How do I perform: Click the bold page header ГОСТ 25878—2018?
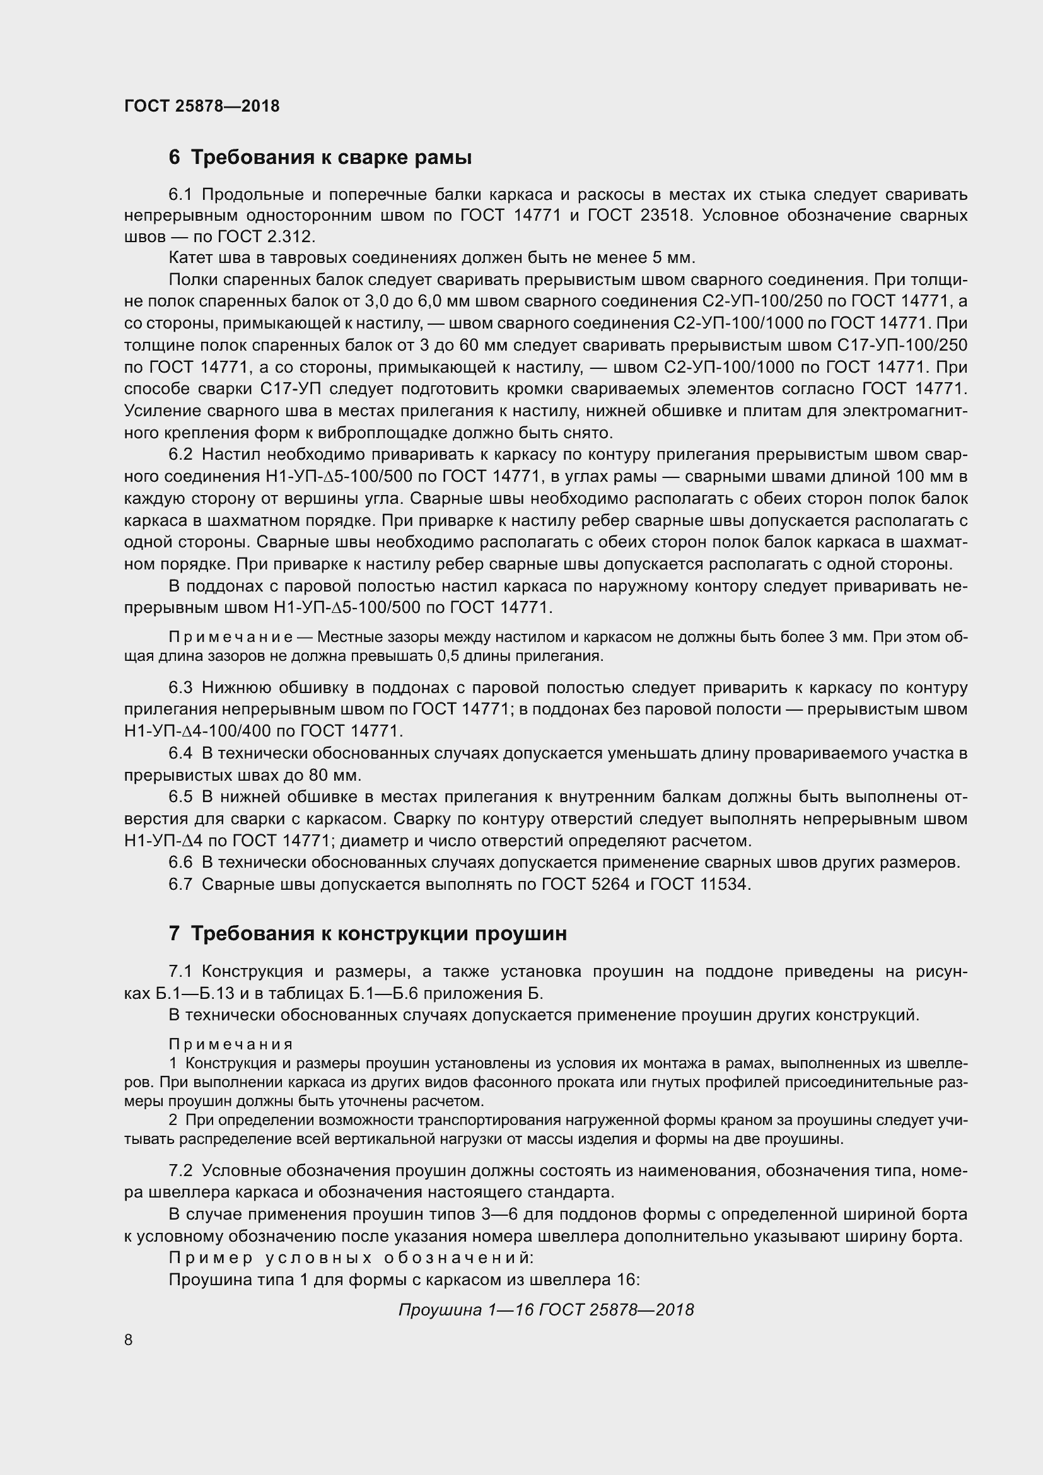[202, 107]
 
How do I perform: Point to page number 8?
[129, 1339]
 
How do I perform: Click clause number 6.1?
[180, 194]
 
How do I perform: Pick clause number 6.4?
[180, 753]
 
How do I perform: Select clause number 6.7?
[180, 884]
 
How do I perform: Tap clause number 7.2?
[180, 1170]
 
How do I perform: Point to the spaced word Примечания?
[231, 1044]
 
